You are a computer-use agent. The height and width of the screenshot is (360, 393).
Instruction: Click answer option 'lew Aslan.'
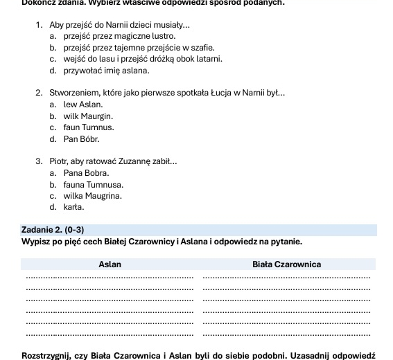(82, 105)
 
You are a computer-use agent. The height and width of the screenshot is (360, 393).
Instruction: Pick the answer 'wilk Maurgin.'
(87, 116)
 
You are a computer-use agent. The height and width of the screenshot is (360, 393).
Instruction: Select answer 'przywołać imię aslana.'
(106, 71)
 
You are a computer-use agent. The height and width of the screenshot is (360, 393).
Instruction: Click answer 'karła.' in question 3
(73, 207)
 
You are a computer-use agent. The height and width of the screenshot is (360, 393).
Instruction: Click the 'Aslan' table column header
(110, 264)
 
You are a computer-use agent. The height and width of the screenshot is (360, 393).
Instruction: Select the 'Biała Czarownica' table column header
(286, 264)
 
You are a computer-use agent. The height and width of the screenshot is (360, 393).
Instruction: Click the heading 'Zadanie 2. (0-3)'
(53, 230)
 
